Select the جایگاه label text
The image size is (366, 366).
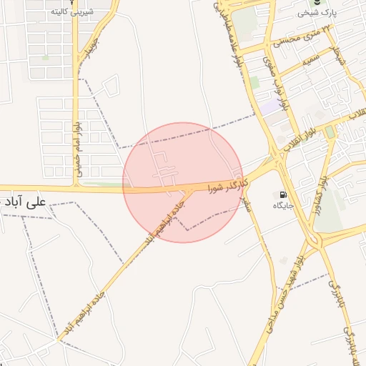point(284,206)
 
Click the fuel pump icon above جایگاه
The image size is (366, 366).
point(284,194)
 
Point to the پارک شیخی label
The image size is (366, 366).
point(317,13)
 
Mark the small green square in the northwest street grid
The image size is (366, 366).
point(46,56)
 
